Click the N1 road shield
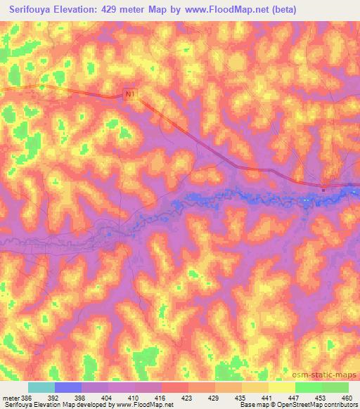click(130, 93)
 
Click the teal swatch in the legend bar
click(41, 387)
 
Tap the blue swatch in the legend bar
click(67, 387)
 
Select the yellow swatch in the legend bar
click(281, 387)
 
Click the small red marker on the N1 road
click(323, 188)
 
